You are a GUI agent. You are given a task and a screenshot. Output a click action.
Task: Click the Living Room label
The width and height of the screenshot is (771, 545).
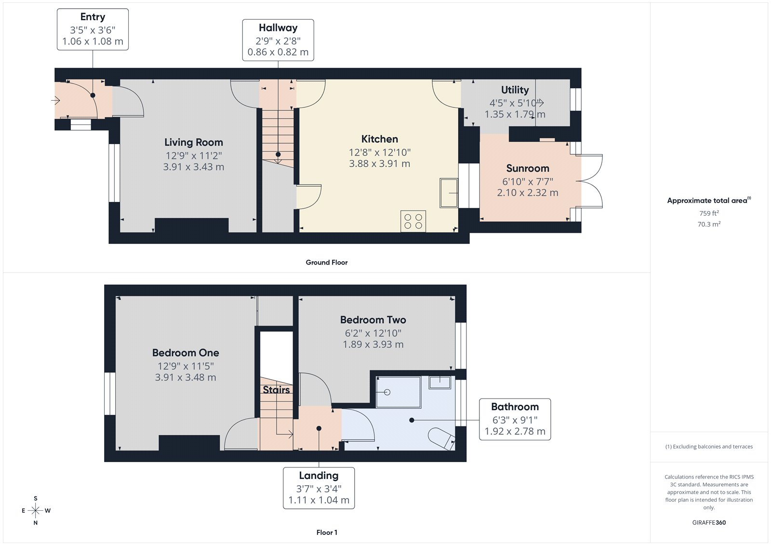[193, 143]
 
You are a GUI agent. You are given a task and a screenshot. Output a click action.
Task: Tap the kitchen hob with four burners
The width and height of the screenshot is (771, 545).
[413, 221]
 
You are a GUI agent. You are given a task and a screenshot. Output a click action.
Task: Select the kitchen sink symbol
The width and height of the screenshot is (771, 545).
[449, 193]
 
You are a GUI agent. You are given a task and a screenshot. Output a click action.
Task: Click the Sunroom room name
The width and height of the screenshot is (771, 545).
[528, 169]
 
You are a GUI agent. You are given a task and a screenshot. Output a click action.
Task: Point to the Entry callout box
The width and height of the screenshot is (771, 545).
[93, 29]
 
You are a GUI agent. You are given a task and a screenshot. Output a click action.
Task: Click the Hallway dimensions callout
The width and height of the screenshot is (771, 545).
[278, 40]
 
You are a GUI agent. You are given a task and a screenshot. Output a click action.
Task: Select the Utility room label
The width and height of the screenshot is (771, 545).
[515, 90]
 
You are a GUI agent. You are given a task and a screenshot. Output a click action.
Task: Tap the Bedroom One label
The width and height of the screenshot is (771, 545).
[186, 353]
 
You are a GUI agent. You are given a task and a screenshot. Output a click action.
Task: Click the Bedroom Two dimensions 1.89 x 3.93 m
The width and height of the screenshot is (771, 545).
[373, 345]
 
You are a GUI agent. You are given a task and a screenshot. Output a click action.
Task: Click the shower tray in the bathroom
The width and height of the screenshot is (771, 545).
[398, 392]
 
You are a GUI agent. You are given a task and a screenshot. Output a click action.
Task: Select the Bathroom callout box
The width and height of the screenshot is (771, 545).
[515, 419]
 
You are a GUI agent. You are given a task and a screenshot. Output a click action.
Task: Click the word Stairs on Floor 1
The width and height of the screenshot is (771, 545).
[276, 390]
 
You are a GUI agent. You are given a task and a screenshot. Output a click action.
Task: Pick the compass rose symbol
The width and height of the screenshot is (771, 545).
[36, 510]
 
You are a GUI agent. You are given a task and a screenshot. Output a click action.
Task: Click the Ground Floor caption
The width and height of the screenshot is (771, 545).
[326, 263]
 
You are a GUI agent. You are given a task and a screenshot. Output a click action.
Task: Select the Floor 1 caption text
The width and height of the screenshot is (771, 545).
[327, 532]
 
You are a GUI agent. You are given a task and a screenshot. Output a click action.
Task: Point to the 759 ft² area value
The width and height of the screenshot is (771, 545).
[709, 213]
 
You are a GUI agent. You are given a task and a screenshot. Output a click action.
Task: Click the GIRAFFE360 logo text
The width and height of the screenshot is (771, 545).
[709, 522]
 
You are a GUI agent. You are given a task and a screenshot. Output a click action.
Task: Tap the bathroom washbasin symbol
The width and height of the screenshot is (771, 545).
[440, 383]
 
